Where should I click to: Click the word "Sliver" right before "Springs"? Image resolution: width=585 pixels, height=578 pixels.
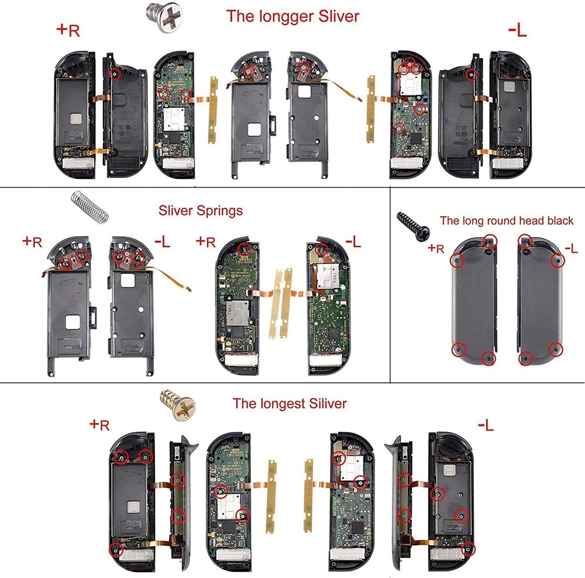(176, 210)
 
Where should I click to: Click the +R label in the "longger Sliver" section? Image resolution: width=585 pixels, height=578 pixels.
(68, 30)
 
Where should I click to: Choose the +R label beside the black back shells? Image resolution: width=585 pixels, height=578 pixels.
(436, 248)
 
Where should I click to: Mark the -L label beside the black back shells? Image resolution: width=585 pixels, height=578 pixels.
(570, 248)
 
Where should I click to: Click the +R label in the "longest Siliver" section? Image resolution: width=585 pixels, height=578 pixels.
(99, 425)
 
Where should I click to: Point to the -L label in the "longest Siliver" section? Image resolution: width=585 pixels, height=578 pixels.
(486, 425)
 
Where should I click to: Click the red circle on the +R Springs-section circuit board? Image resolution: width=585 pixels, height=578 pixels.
(245, 249)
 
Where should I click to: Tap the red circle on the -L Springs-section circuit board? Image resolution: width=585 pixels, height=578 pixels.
(321, 249)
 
